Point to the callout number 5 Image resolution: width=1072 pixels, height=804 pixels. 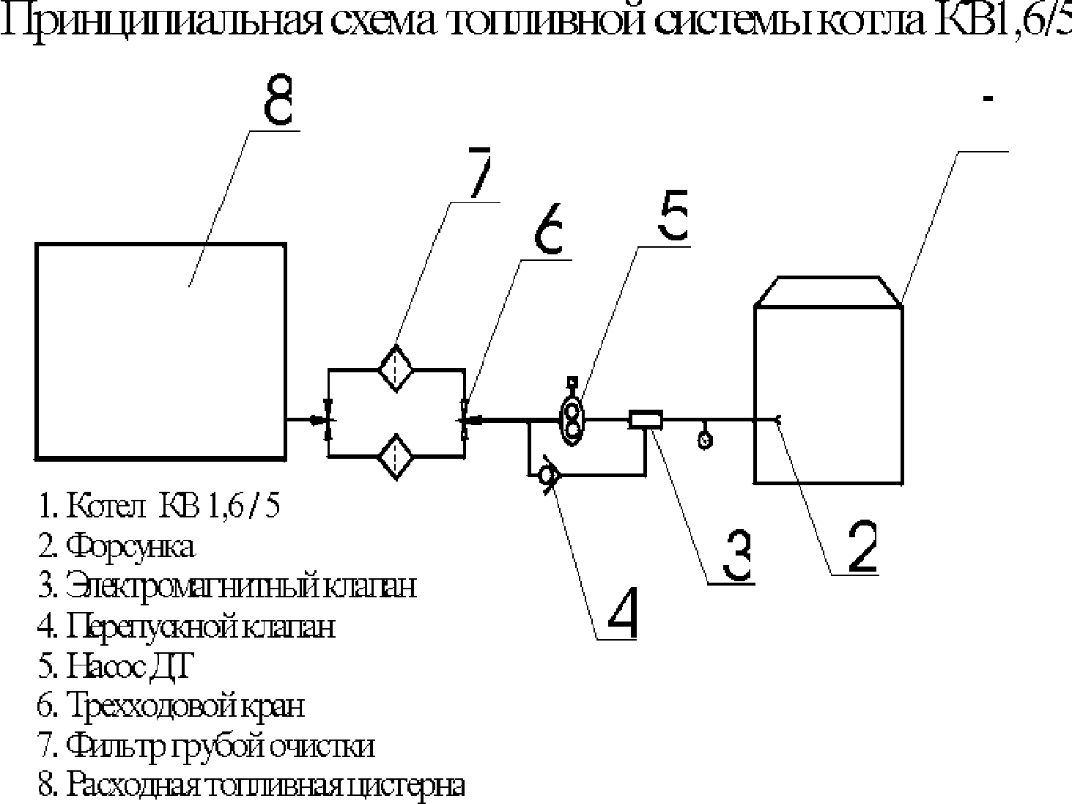coord(673,217)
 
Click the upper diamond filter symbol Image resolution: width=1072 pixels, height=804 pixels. coord(396,368)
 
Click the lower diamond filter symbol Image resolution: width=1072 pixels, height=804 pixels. coord(396,456)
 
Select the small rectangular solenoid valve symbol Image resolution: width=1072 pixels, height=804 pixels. coord(646,419)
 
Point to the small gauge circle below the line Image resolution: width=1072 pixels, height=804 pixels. coord(705,440)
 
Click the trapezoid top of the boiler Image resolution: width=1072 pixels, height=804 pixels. coord(828,291)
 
